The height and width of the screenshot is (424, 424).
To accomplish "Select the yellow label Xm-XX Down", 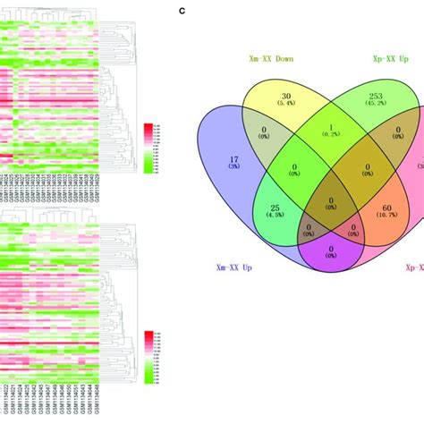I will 279,60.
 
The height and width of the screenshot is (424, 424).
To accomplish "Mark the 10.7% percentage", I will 374,216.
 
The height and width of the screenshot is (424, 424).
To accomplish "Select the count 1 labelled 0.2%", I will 329,128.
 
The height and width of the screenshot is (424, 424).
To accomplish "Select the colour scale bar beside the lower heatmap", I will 148,348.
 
